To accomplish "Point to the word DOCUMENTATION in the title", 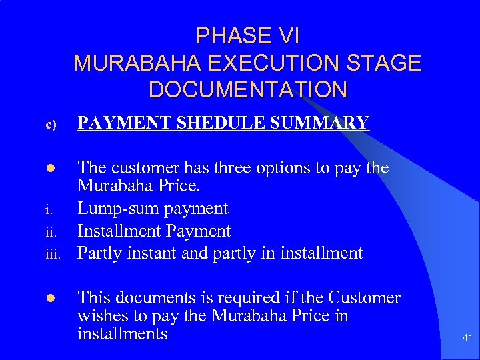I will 247,89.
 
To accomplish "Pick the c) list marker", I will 53,124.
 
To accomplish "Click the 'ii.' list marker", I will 52,233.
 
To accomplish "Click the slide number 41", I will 467,339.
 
